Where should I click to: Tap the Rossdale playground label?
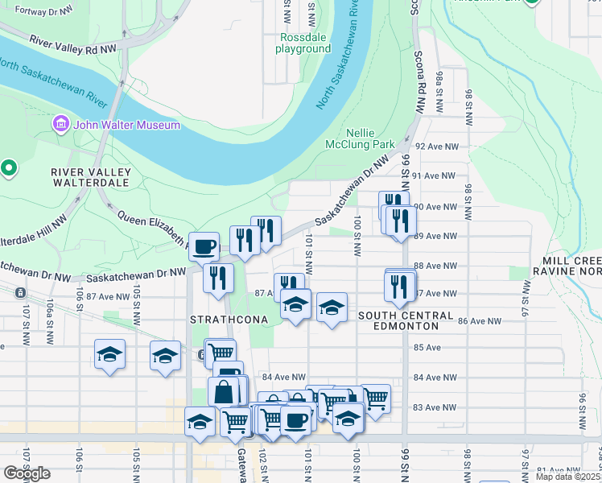click(303, 43)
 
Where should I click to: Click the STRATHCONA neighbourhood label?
click(222, 320)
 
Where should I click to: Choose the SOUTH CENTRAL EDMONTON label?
click(399, 320)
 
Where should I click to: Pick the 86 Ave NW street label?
click(479, 320)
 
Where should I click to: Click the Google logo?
click(27, 473)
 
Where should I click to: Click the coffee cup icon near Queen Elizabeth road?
click(204, 246)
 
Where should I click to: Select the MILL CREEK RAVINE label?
click(567, 266)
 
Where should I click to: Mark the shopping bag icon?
click(228, 392)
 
